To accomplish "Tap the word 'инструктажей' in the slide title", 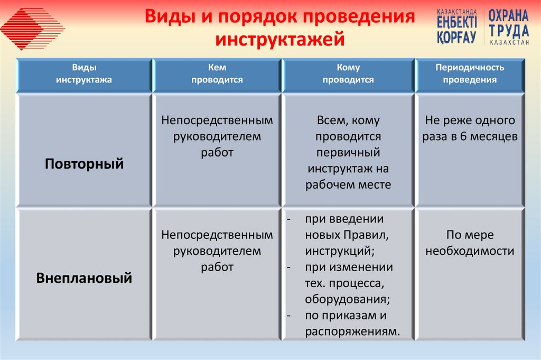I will (280, 40).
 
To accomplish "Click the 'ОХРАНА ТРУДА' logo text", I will (508, 23).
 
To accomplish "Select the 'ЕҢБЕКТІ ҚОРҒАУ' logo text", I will (458, 26).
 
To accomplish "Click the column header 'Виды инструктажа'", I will (84, 74).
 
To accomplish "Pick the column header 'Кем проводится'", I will (217, 74).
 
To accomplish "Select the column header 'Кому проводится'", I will (348, 74).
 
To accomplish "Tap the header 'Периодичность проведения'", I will (470, 74).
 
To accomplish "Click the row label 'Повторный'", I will (84, 163).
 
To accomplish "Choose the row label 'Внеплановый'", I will (84, 278).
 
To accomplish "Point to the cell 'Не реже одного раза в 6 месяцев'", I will (470, 128).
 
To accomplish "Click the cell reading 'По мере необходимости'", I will (470, 243).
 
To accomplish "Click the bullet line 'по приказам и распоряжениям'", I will (349, 324).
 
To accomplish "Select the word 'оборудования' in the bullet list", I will (347, 299).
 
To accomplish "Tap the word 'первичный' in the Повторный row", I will (348, 152).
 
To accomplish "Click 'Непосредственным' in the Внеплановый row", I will (217, 234).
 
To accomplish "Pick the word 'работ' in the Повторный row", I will (217, 152).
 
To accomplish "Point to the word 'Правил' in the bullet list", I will (367, 235).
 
